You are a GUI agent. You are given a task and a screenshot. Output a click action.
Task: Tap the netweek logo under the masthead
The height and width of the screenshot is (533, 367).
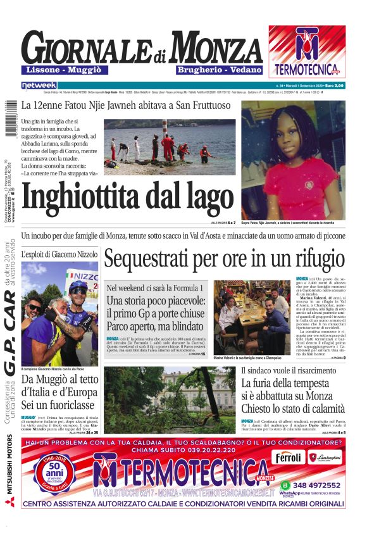(x=39, y=85)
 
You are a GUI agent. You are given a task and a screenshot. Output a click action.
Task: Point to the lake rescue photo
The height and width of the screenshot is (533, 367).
(x=169, y=147)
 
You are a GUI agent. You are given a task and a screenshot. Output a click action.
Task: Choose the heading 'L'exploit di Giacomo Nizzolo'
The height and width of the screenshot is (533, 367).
(x=59, y=254)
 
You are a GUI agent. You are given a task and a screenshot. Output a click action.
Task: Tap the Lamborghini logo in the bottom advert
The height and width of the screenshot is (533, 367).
(x=325, y=457)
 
